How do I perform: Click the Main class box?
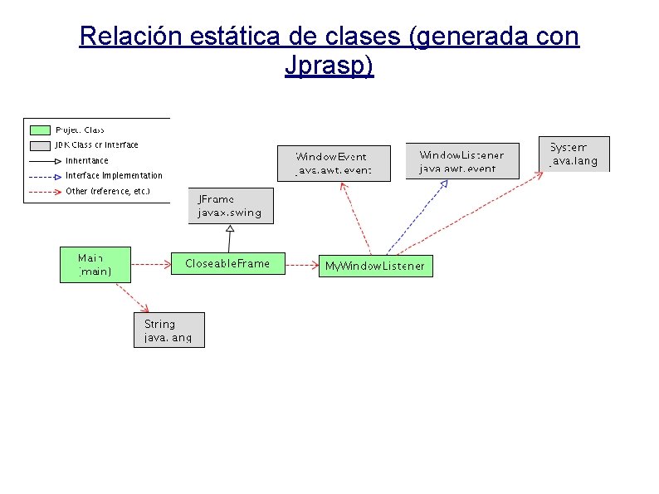point(95,265)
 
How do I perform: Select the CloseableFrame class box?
point(227,264)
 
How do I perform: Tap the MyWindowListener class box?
point(374,267)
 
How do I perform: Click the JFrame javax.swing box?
point(230,206)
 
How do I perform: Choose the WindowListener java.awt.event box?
point(461,161)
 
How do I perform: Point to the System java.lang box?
point(574,154)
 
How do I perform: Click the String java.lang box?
point(168,330)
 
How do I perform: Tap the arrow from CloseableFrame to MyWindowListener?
point(301,266)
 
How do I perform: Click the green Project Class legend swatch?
point(41,130)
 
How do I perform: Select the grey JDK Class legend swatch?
point(41,145)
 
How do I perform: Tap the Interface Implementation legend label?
point(114,176)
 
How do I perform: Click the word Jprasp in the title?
point(329,66)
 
